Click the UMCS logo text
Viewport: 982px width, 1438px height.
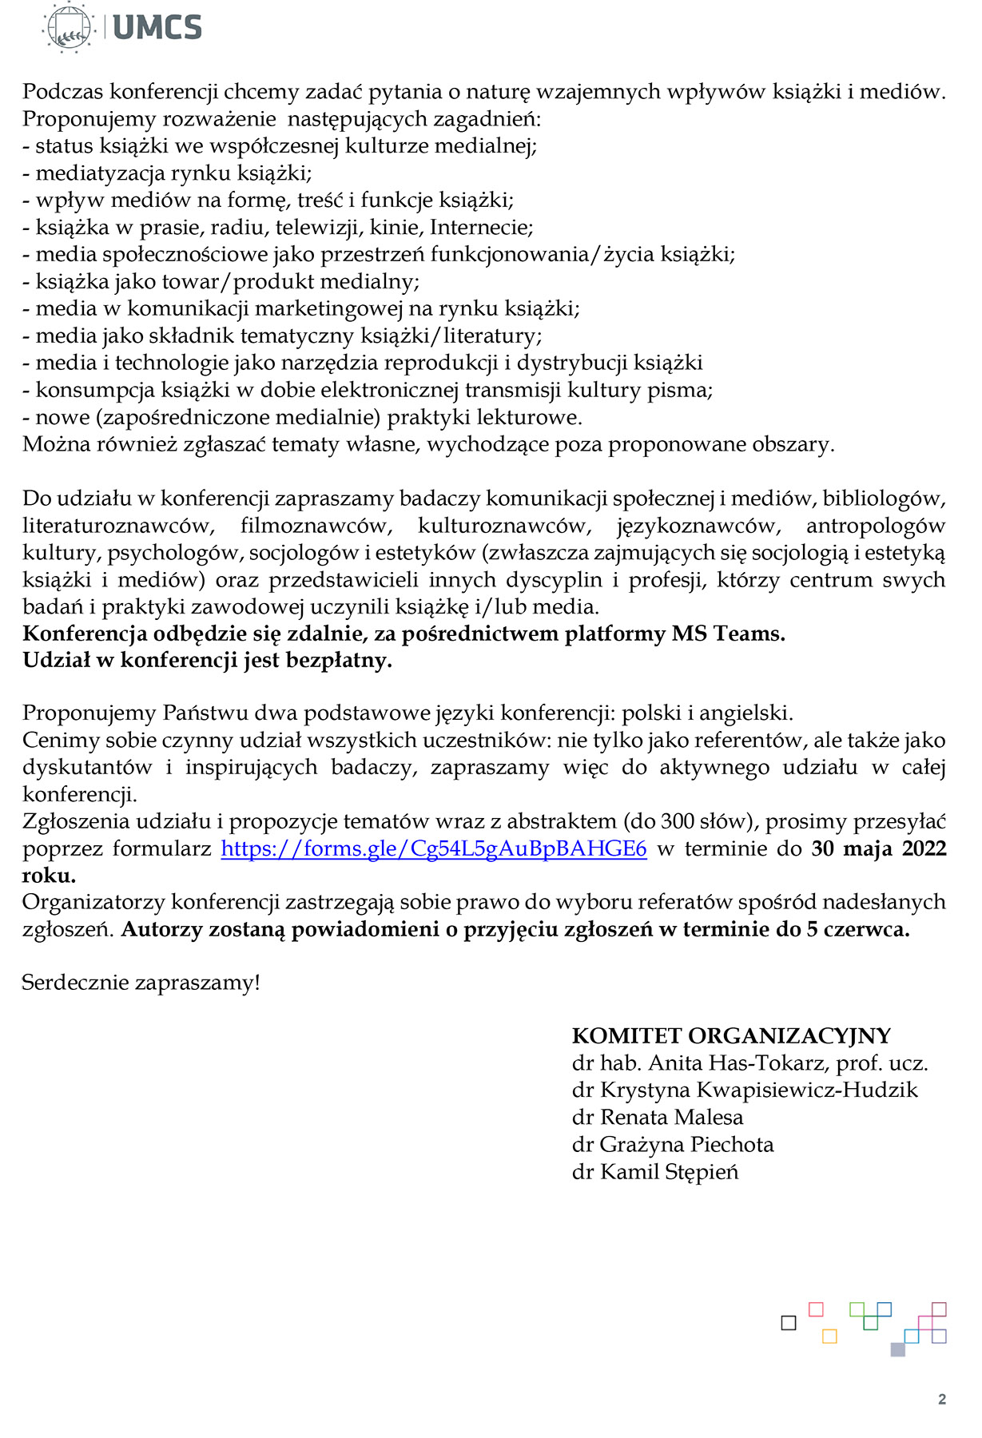tap(157, 28)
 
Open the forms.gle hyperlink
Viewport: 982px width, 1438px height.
tap(433, 848)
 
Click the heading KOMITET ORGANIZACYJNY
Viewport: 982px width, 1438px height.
tap(730, 1036)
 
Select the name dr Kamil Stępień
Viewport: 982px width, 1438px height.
tap(654, 1172)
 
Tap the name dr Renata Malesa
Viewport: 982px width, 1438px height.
tap(657, 1118)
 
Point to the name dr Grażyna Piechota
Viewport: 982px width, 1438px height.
tap(672, 1145)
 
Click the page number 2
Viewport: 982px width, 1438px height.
tap(942, 1399)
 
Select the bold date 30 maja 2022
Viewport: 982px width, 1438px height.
tap(878, 848)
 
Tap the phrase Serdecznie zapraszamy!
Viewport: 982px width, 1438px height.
tap(141, 983)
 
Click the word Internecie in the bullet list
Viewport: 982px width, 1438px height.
tap(481, 228)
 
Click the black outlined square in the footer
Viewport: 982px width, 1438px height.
tap(789, 1323)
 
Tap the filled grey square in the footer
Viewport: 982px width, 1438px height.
tap(898, 1349)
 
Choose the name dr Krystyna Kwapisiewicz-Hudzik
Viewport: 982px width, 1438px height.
tap(745, 1090)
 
